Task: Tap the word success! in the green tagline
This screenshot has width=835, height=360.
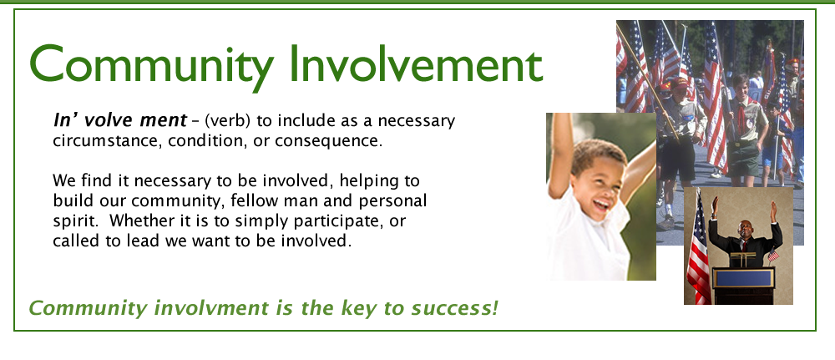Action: (456, 307)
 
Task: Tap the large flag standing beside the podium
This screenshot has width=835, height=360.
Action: (697, 251)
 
